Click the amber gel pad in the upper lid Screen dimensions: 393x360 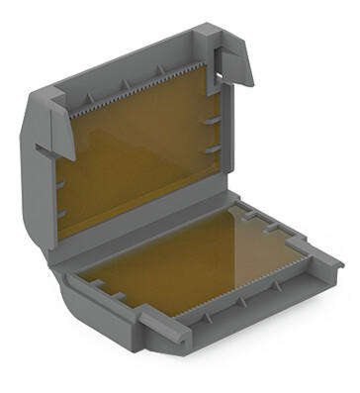pyautogui.click(x=138, y=158)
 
